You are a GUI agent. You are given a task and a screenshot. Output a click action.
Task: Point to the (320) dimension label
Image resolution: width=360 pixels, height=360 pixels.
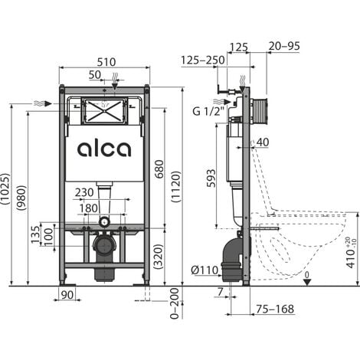(157, 255)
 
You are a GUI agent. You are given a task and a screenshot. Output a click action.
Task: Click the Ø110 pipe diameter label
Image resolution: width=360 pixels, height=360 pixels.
(205, 270)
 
